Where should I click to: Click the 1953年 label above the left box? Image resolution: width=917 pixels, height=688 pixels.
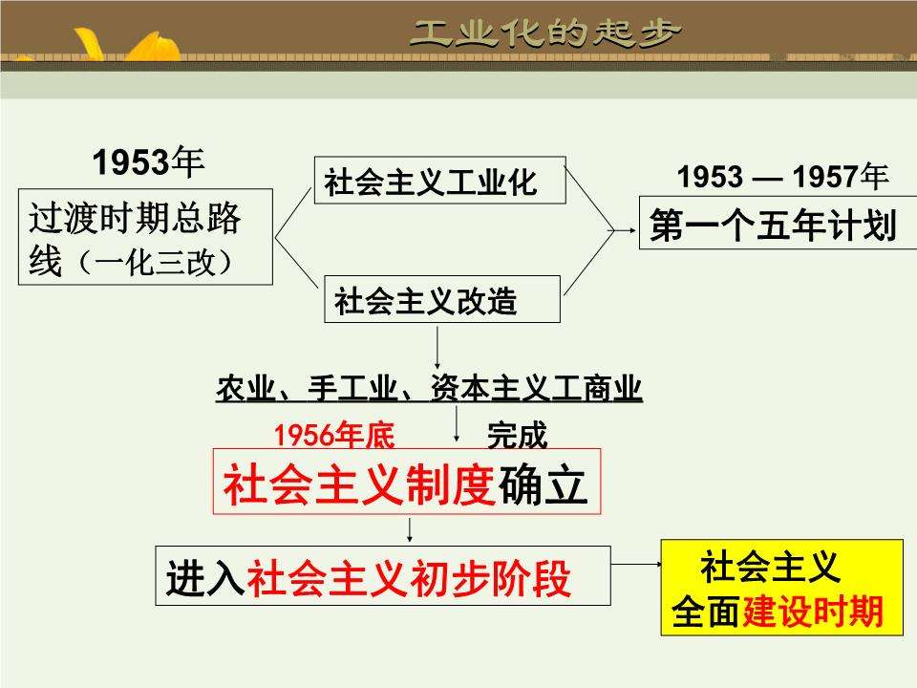148,162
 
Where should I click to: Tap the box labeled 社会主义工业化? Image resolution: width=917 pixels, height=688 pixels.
439,181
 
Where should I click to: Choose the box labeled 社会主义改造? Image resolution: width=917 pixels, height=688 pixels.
442,299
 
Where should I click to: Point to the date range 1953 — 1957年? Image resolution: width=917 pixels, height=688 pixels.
782,177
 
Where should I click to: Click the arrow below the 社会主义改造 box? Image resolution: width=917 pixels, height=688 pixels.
437,348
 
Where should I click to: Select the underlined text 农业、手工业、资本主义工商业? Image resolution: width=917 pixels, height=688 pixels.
429,391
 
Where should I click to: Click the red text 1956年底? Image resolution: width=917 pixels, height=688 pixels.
333,435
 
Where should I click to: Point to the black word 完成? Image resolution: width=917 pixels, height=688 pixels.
517,435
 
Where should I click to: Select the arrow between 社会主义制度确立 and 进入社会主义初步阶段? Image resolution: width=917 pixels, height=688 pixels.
410,530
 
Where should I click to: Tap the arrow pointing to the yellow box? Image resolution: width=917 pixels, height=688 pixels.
636,565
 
